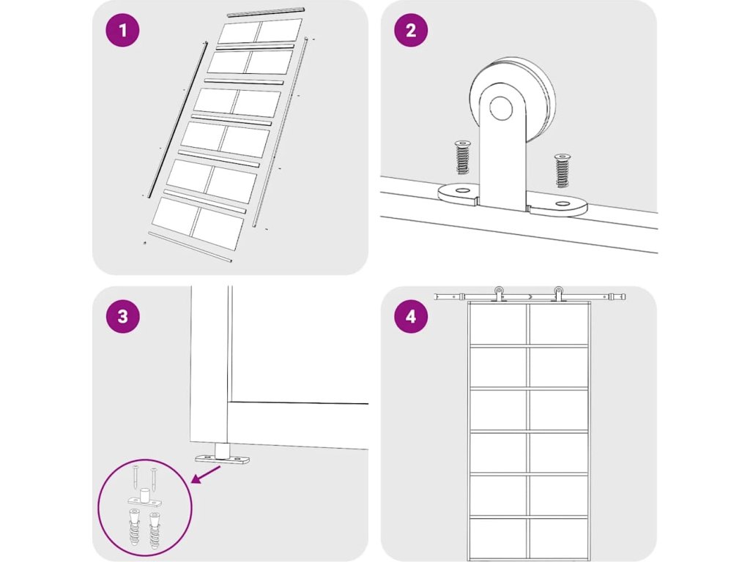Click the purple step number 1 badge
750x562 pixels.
tap(123, 30)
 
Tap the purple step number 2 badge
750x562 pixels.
tap(412, 30)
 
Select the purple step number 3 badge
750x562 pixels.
tap(123, 316)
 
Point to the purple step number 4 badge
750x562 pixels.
tap(412, 316)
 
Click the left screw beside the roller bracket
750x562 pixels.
tap(462, 157)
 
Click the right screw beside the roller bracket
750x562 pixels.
tap(562, 171)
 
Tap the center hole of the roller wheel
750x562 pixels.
tap(501, 108)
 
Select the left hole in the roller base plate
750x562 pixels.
tap(461, 191)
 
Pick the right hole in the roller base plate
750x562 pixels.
tap(562, 204)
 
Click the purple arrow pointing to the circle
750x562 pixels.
tap(206, 475)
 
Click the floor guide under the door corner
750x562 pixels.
tap(223, 455)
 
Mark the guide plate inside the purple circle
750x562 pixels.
tap(144, 498)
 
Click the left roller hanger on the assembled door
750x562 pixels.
tap(499, 294)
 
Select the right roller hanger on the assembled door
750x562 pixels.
tap(558, 294)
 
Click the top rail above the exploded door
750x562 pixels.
tap(265, 12)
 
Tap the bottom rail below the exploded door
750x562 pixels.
tap(190, 247)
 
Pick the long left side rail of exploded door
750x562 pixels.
tap(177, 119)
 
